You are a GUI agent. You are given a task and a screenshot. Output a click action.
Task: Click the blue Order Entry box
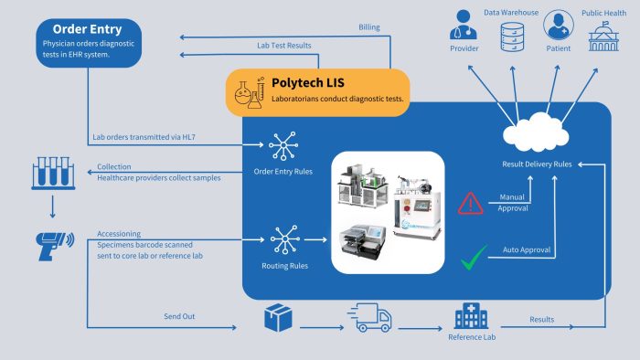point(89,41)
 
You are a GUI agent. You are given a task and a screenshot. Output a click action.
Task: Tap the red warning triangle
point(470,202)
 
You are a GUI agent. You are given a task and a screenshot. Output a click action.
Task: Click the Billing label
point(369,27)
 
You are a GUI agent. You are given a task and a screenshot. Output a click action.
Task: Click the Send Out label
point(178,315)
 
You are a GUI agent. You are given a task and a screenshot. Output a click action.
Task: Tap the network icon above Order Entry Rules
point(279,145)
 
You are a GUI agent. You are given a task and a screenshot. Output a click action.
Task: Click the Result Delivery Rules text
point(538,164)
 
